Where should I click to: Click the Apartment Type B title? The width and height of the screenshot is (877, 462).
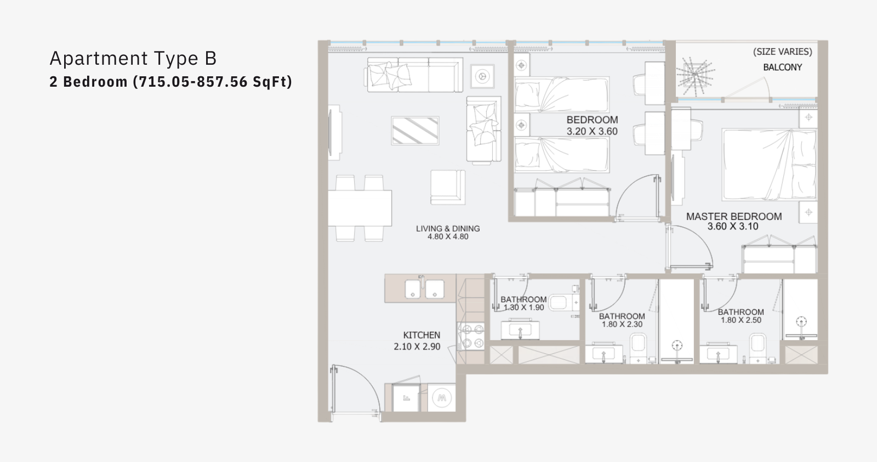(x=133, y=58)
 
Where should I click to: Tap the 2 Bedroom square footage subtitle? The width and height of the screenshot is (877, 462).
(x=170, y=82)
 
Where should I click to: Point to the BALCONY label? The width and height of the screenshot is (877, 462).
(x=782, y=67)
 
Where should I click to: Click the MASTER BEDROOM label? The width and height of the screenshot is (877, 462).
(x=734, y=216)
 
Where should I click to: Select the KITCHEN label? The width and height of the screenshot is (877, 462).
(x=422, y=335)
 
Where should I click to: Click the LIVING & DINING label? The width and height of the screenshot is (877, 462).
(x=448, y=228)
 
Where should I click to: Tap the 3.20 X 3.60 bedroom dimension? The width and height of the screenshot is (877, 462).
(x=592, y=131)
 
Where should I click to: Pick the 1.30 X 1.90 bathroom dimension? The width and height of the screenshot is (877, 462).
(x=523, y=308)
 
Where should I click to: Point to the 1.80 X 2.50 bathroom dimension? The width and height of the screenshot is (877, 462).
(x=741, y=320)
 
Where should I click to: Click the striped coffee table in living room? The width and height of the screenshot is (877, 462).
(x=415, y=131)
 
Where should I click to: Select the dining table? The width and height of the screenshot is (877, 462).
(x=360, y=208)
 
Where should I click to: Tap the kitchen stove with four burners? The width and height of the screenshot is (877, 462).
(x=471, y=336)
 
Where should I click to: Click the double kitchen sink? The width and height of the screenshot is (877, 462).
(x=424, y=289)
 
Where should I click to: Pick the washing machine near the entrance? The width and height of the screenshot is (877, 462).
(x=442, y=398)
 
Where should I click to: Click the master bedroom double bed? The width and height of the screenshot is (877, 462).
(x=770, y=165)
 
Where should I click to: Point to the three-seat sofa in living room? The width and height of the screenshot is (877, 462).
(x=414, y=75)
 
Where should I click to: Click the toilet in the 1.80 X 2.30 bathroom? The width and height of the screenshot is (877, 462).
(x=638, y=348)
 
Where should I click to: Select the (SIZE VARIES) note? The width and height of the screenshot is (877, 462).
(x=783, y=52)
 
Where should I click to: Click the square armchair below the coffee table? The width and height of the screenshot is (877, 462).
(x=448, y=187)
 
